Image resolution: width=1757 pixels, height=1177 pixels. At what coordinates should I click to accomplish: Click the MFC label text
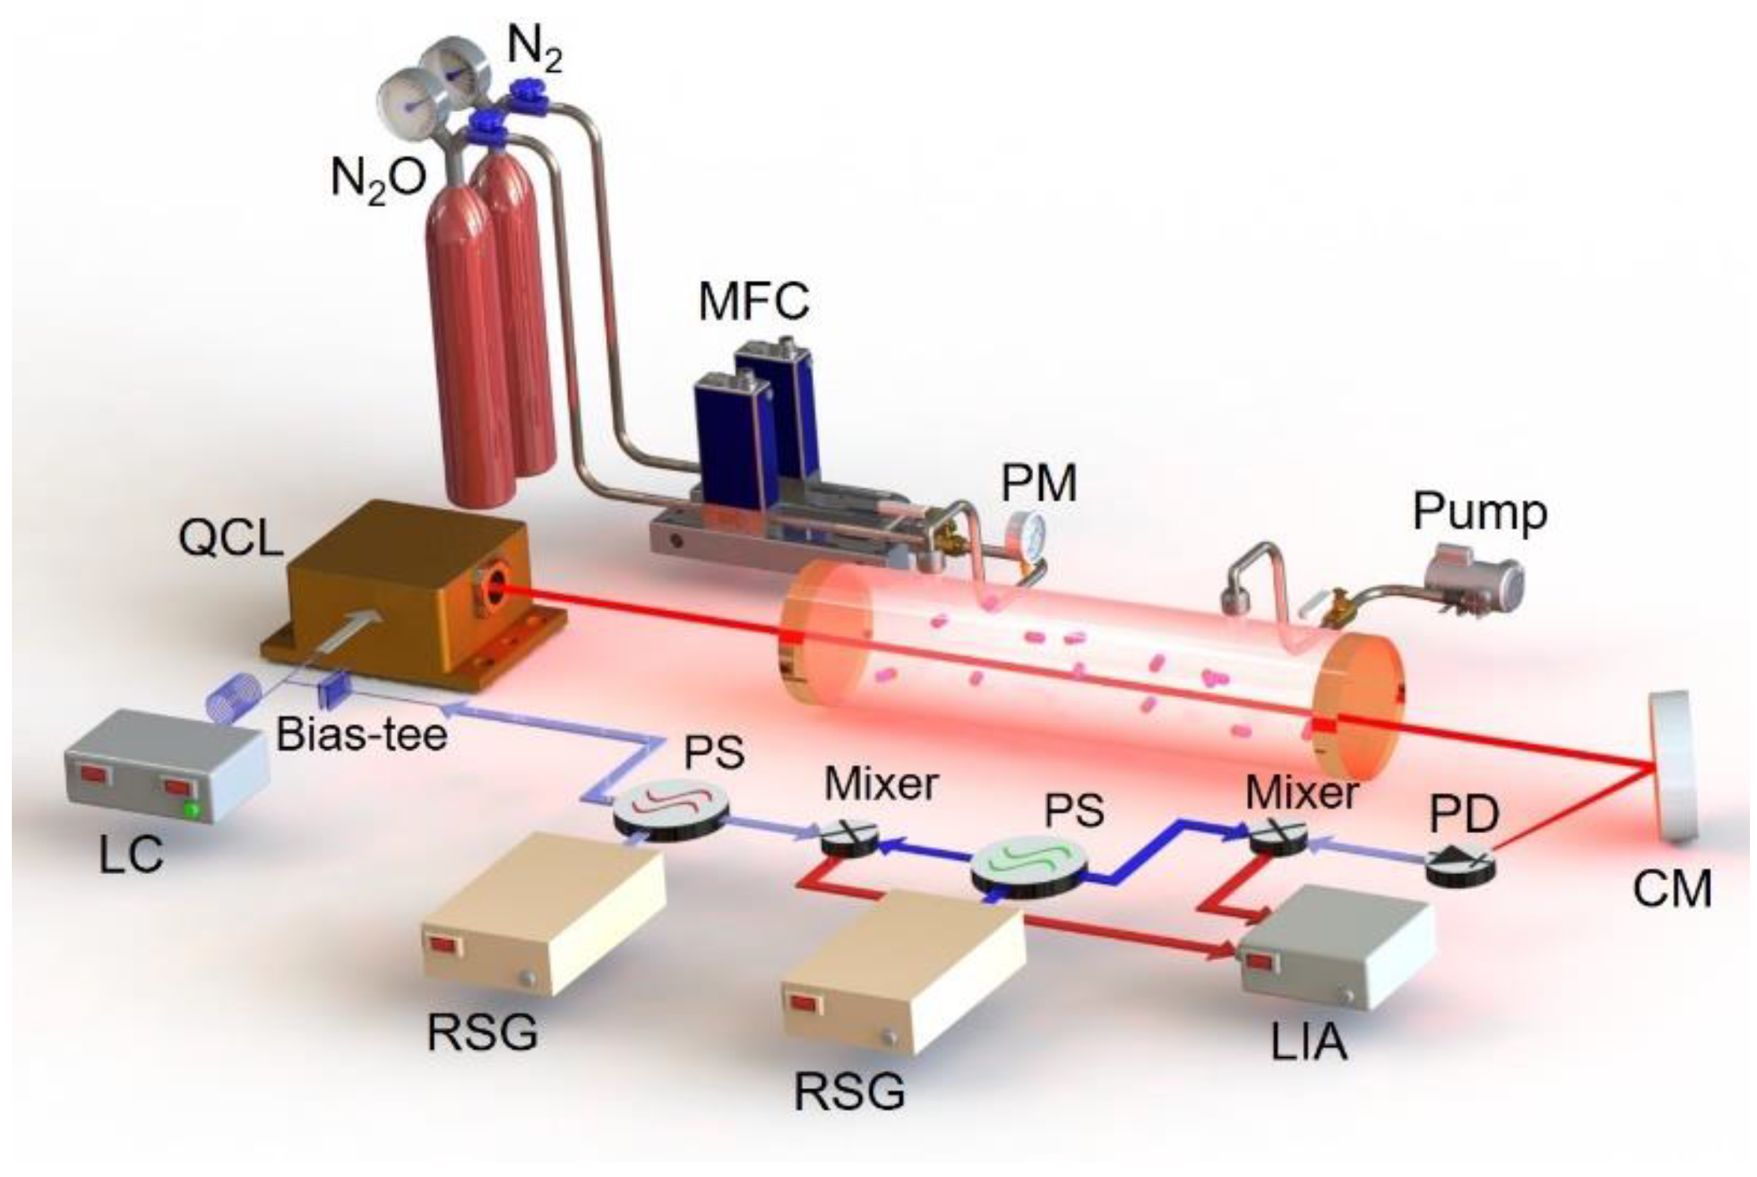click(754, 301)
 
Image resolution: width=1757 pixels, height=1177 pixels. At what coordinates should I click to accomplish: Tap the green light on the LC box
click(189, 809)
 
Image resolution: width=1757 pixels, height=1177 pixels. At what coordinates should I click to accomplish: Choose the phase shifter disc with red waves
click(670, 812)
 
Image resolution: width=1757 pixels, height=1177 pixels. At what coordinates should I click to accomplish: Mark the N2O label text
click(378, 179)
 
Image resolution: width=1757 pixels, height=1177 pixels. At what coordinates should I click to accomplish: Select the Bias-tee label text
click(362, 734)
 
